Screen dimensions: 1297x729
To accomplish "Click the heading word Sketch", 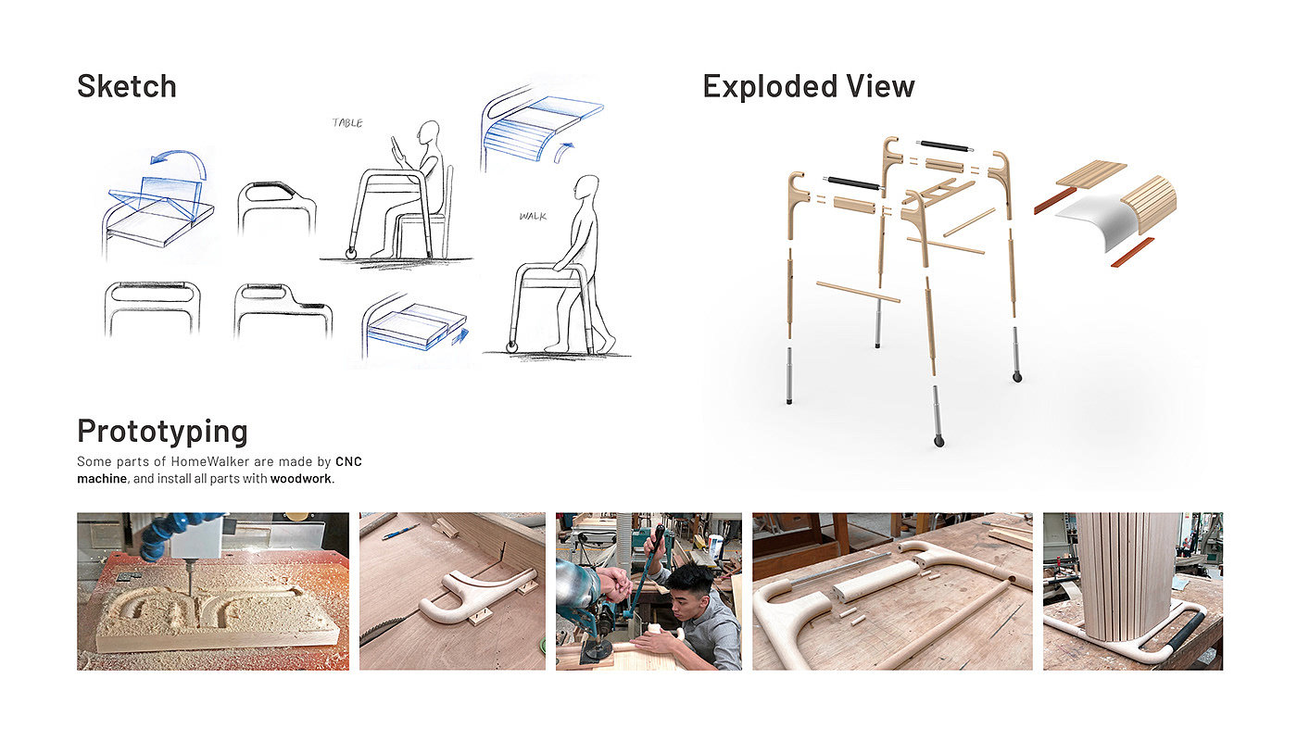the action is coord(127,86).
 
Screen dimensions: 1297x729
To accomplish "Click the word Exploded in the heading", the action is coord(769,87).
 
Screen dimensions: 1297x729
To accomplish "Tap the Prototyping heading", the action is coord(163,432).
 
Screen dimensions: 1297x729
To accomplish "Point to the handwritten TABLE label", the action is coord(347,123).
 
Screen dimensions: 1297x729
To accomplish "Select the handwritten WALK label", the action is coord(533,216).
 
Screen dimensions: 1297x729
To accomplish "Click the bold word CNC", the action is coord(348,461).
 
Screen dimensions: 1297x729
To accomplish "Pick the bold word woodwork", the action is coord(301,479).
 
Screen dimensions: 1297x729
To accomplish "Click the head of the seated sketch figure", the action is coord(428,133).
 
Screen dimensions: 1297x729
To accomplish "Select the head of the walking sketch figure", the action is coord(586,189).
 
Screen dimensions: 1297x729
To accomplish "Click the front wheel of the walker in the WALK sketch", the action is coord(511,346).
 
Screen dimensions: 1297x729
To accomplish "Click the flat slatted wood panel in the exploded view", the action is coord(1091,174).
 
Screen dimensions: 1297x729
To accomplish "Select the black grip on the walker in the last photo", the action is coord(1186,632).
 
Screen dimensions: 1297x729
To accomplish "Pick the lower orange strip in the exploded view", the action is coord(1132,253).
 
